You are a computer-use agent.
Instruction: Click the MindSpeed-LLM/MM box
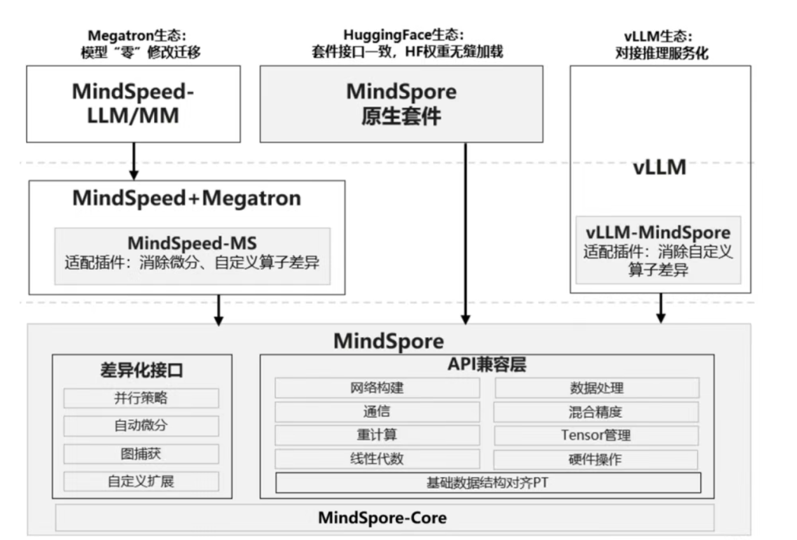(x=132, y=104)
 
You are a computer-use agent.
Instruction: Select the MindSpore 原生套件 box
(x=401, y=104)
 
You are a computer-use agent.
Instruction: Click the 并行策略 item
(x=141, y=398)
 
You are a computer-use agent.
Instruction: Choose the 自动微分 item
(x=141, y=426)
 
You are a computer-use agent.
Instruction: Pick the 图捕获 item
(x=141, y=453)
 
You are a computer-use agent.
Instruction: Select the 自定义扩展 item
(x=141, y=481)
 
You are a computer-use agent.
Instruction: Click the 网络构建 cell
(x=377, y=388)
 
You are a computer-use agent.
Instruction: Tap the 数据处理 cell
(x=596, y=388)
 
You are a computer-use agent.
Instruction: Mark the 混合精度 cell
(x=596, y=412)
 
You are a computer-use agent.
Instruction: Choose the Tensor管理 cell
(x=596, y=436)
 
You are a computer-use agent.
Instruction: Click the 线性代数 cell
(x=377, y=459)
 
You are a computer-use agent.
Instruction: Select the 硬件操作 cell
(x=596, y=459)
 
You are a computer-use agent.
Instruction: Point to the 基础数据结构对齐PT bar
(x=488, y=483)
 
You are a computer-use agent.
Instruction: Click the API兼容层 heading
(x=487, y=364)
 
